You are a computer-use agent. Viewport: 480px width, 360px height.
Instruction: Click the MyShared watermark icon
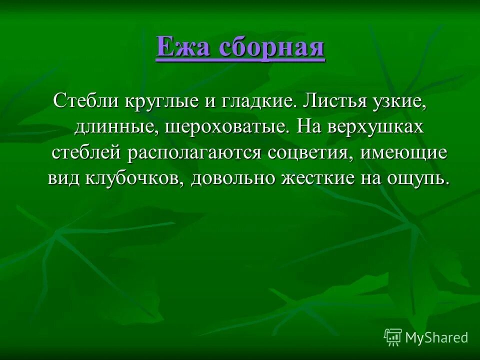tap(392, 337)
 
